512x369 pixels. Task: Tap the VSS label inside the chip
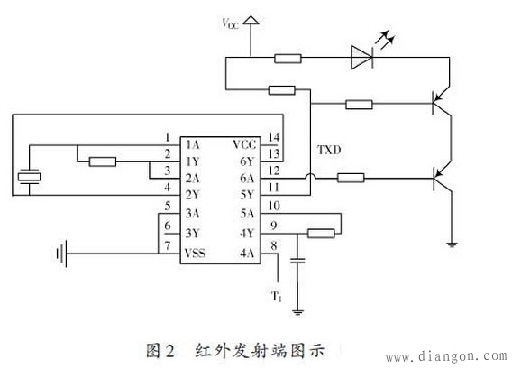coord(196,254)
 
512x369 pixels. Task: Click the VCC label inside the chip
coord(244,144)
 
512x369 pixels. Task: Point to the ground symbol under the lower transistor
coord(449,242)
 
